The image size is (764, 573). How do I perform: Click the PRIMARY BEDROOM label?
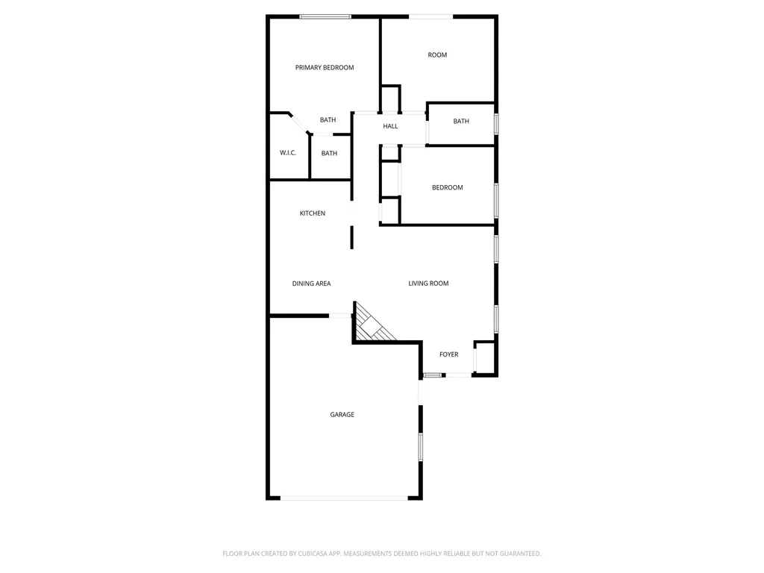(325, 68)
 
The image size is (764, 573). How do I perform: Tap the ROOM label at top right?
(437, 55)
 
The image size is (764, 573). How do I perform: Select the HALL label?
(390, 127)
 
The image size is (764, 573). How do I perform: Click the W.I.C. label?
(288, 153)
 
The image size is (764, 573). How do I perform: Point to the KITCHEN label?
(313, 213)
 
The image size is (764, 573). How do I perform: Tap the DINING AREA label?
(311, 284)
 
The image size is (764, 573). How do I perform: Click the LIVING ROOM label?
(428, 284)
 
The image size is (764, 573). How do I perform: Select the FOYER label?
(448, 354)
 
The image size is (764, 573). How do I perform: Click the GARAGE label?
(342, 415)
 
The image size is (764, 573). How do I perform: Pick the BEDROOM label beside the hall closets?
(448, 188)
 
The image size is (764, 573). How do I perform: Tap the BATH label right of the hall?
(461, 122)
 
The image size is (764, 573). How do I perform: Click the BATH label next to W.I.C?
(329, 154)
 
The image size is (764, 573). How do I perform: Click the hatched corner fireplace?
(371, 326)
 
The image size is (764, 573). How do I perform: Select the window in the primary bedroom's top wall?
(325, 16)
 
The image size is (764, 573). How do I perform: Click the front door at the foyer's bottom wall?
(457, 375)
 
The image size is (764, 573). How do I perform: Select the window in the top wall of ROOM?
(430, 16)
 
